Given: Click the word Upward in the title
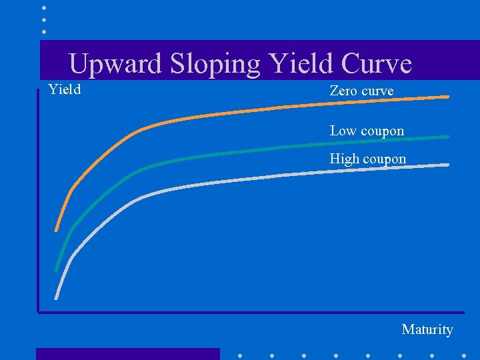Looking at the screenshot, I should coord(116,64).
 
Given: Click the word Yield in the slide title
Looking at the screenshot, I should coord(301,64).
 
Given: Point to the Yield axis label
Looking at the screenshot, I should coord(65,89).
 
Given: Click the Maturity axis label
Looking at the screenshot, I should coord(427,329).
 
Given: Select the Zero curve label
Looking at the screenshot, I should coord(361,91).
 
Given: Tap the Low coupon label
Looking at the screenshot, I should coord(367,131).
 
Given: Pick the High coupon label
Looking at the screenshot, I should coord(367,159).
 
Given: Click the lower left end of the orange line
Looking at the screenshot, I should coord(57,229).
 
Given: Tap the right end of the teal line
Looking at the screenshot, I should coord(447,137).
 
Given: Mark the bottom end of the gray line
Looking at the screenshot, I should coord(57,298).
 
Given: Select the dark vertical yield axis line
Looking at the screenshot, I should coord(38,200).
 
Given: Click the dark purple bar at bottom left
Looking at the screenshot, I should coord(127,353).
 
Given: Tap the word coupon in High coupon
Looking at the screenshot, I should coord(385,159).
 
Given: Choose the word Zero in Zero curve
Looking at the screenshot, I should coord(343,91).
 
